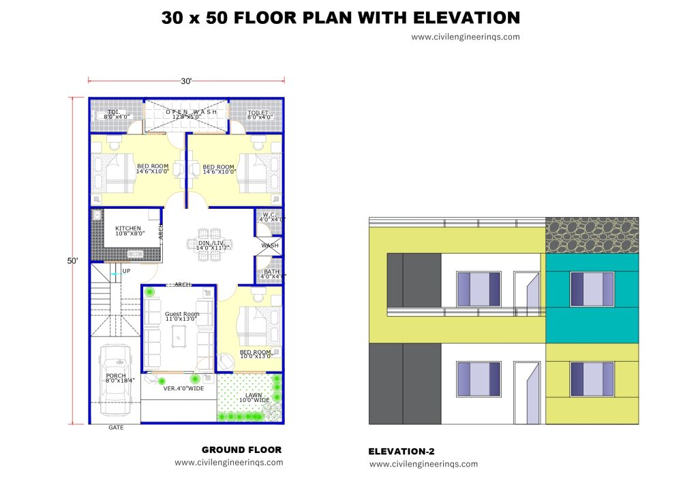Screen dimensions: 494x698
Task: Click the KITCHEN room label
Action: [128, 229]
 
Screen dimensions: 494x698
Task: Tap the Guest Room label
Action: [182, 315]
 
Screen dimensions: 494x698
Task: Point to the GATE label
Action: [116, 428]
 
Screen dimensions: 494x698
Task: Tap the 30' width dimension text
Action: [186, 81]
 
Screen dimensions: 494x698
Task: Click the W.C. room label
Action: [270, 214]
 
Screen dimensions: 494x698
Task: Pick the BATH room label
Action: [271, 272]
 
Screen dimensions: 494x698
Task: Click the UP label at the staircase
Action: [126, 271]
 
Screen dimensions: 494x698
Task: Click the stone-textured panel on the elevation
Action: [592, 235]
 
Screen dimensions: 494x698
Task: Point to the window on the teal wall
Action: [592, 288]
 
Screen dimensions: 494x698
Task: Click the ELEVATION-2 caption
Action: [401, 451]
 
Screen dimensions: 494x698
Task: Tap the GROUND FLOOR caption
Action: [241, 450]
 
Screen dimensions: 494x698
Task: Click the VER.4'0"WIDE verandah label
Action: [183, 388]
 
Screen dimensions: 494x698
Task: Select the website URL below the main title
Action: [465, 37]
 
